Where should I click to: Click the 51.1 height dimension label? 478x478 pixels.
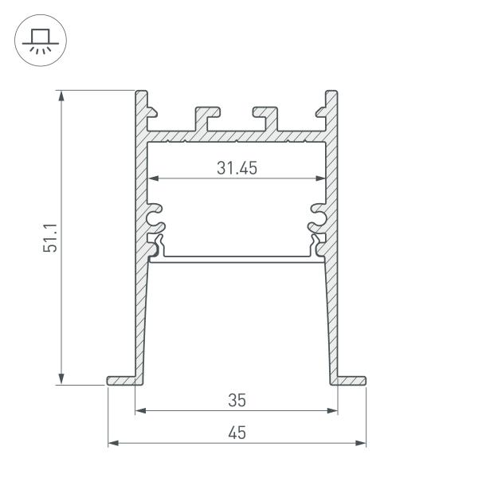(49, 238)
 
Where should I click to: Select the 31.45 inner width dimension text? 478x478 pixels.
(237, 168)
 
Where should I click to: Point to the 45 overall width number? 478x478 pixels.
(237, 433)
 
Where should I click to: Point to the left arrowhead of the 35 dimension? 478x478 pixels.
(140, 411)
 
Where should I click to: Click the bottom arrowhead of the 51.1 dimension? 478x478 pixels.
(62, 380)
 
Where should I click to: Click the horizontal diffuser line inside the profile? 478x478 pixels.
(237, 258)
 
